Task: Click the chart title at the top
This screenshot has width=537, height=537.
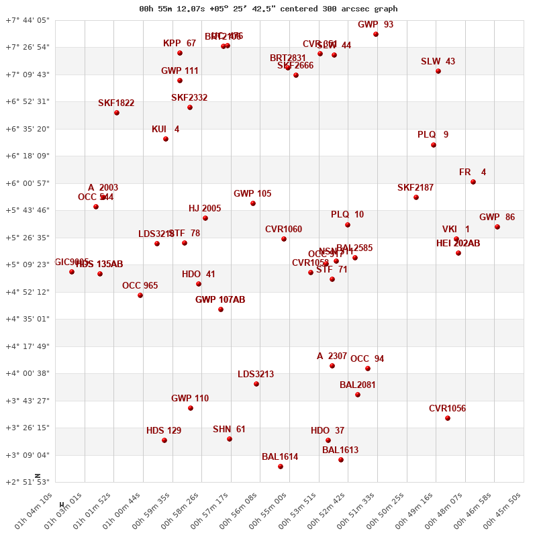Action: tap(268, 9)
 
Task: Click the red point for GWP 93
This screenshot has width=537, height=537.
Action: tap(376, 34)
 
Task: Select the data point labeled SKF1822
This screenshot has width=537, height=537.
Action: tap(117, 113)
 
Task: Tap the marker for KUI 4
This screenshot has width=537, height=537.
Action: tap(166, 139)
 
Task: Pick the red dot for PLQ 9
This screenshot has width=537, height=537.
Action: tap(434, 145)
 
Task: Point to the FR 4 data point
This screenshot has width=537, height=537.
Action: tap(473, 182)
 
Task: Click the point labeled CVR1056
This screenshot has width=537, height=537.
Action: tap(448, 418)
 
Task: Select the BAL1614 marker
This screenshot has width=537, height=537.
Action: tap(281, 467)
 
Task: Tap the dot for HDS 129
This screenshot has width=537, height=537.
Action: tap(164, 440)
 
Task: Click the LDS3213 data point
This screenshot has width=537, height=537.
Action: tap(256, 384)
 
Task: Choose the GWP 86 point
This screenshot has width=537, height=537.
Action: tap(497, 227)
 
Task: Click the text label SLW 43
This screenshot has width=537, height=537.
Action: tap(438, 62)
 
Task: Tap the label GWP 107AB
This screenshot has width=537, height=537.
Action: tap(220, 300)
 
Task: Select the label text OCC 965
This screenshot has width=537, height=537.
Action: tap(140, 286)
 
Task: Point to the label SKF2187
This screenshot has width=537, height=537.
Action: tap(416, 188)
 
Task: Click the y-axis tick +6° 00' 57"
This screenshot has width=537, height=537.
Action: tap(28, 183)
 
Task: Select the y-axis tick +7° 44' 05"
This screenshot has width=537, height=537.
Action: tap(28, 20)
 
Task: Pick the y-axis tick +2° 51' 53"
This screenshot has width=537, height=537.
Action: tap(28, 482)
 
